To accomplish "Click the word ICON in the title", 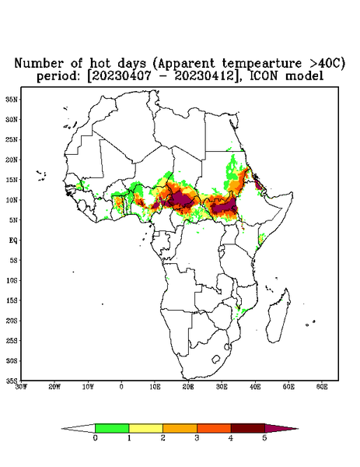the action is coord(264,76).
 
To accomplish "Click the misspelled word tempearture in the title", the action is coord(262,63).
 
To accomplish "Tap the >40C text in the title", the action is coord(326,63).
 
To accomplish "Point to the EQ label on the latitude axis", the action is coord(13,240).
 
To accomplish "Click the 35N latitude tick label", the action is coord(12,100).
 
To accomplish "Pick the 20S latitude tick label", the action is coord(12,321).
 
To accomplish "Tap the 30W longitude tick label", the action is coord(21,387).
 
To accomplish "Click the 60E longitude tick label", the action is coord(322,387).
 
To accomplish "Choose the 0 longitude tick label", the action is coord(121,387).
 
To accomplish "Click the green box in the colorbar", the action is coord(112,428).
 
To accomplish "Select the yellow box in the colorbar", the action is coord(145,428).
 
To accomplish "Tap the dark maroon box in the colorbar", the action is coord(248,428).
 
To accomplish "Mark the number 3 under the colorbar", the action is coord(197,438).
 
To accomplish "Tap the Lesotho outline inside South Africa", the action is coord(216,359).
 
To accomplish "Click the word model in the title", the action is coord(304,76).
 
